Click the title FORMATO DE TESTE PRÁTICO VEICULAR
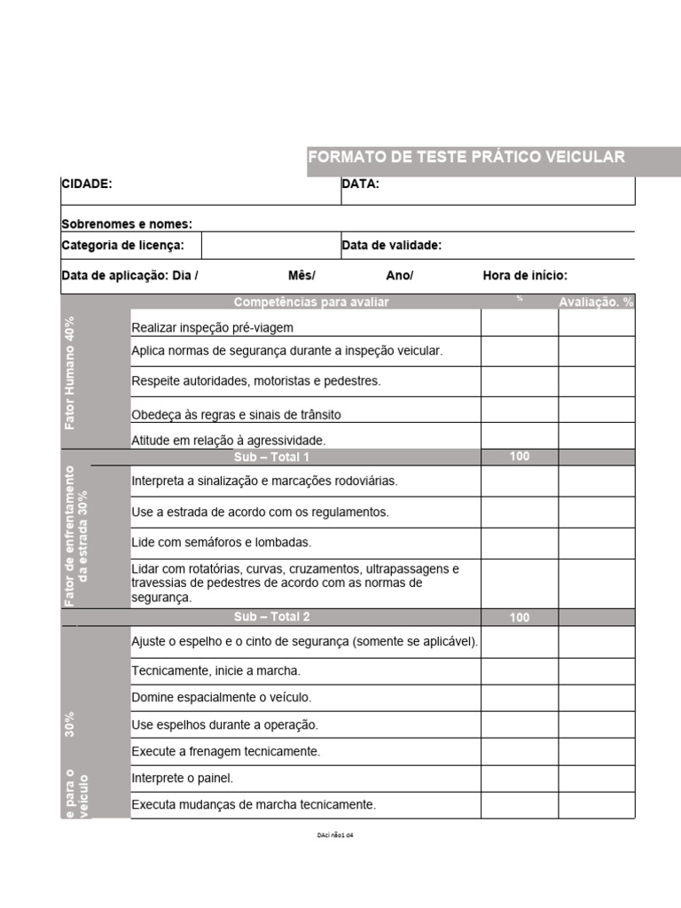pyautogui.click(x=466, y=157)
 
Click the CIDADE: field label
pyautogui.click(x=87, y=184)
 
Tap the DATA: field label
pyautogui.click(x=360, y=184)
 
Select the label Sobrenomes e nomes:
pyautogui.click(x=127, y=224)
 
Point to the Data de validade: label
pyautogui.click(x=391, y=246)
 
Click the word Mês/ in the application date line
pyautogui.click(x=301, y=276)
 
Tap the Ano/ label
pyautogui.click(x=400, y=276)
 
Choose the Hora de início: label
pyautogui.click(x=525, y=276)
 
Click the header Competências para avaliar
pyautogui.click(x=310, y=302)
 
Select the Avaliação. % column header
pyautogui.click(x=596, y=302)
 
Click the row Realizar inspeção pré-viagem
pyautogui.click(x=212, y=328)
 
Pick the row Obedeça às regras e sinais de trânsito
pyautogui.click(x=236, y=415)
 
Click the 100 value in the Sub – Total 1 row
pyautogui.click(x=520, y=457)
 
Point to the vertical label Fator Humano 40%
pyautogui.click(x=71, y=372)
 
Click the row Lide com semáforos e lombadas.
pyautogui.click(x=222, y=542)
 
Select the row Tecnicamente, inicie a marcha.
pyautogui.click(x=215, y=670)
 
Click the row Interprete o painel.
pyautogui.click(x=182, y=779)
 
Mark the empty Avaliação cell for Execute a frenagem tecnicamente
pyautogui.click(x=596, y=751)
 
